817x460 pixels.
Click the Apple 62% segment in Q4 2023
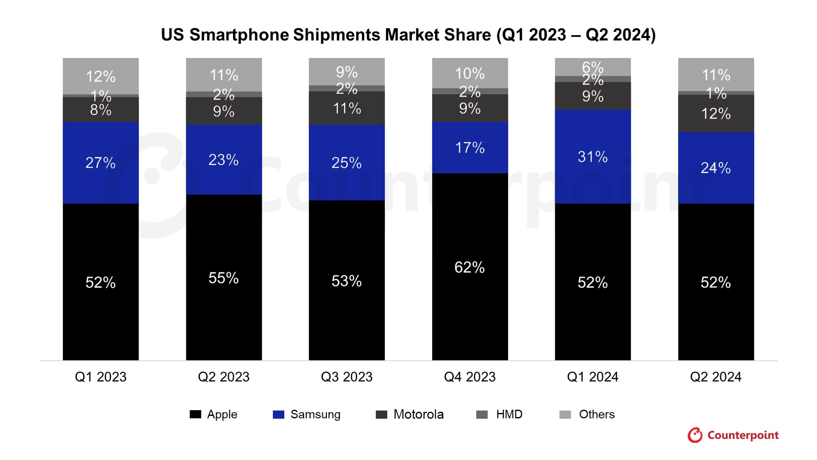[470, 267]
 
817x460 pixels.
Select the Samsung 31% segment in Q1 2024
[593, 156]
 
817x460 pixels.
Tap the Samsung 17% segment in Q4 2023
[470, 147]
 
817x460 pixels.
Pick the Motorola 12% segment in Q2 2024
[716, 113]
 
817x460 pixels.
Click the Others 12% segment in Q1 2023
[100, 76]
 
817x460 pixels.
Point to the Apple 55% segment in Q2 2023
[224, 277]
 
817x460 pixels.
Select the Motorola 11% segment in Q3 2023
[347, 108]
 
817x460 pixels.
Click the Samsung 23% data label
[223, 159]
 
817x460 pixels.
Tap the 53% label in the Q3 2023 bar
[346, 281]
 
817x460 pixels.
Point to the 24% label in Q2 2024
[716, 168]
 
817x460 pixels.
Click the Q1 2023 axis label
[100, 377]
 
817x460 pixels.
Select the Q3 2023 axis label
[347, 377]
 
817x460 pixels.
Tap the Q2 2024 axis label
[716, 377]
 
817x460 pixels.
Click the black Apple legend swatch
[195, 414]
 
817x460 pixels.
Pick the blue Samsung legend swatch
[279, 414]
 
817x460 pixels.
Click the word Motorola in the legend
[419, 414]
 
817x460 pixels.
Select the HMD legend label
[509, 414]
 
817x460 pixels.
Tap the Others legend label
[597, 414]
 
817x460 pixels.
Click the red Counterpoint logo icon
[695, 435]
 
